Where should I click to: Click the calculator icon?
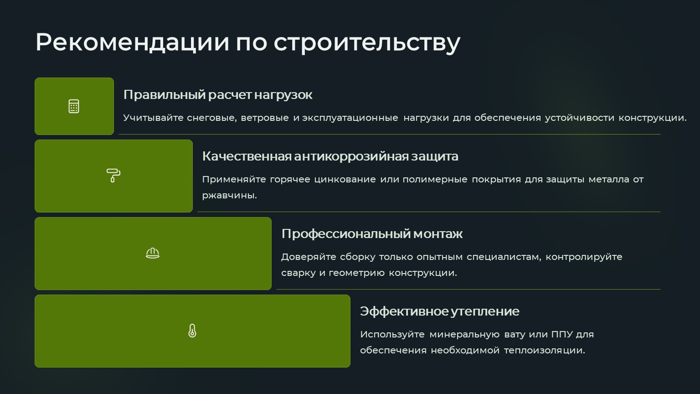coord(74,106)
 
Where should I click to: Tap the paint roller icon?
coord(113,176)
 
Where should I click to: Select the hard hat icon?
coord(153,253)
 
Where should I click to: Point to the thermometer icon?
coord(192,331)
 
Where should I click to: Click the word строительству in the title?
coord(367,43)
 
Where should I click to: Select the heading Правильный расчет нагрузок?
coord(218,95)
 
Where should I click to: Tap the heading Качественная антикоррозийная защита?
coord(330,156)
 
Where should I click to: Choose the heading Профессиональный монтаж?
coord(372,233)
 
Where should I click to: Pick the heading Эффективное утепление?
coord(439,311)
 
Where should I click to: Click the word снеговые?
coord(211,118)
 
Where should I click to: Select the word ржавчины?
coord(229,196)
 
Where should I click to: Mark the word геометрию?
coord(356,273)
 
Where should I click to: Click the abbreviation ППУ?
coord(562,334)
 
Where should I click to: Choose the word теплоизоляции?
coord(544,350)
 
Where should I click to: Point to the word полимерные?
coord(435,180)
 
